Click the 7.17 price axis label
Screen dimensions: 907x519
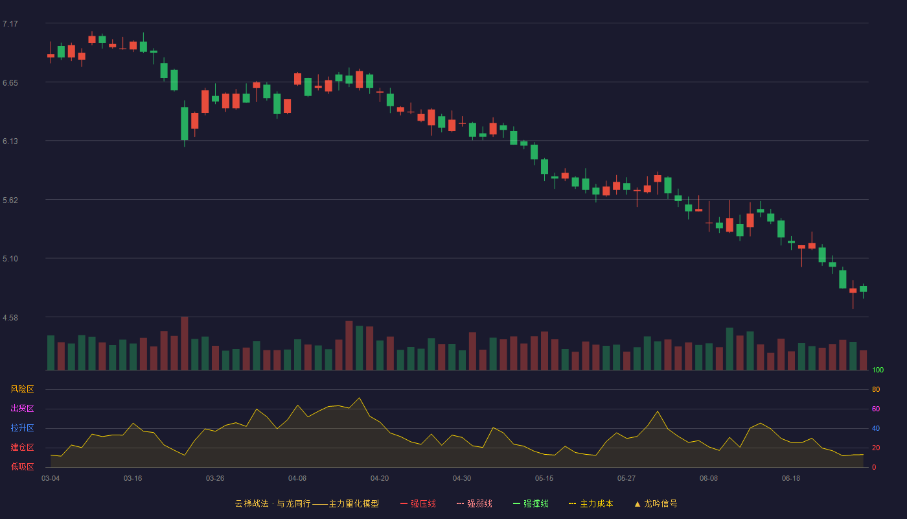10,24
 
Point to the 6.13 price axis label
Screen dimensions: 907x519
10,141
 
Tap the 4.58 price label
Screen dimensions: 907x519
10,318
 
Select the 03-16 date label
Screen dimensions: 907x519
133,479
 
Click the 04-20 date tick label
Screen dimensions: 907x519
380,479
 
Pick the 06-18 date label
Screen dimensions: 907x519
791,479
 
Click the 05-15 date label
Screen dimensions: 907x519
544,479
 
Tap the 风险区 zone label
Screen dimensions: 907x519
22,389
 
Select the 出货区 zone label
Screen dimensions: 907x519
22,408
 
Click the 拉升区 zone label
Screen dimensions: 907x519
22,428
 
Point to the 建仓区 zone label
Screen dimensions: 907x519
22,447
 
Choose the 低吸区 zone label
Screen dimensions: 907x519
22,466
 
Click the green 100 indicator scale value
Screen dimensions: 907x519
878,370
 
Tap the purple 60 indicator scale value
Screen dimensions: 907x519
876,409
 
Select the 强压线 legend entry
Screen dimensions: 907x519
418,503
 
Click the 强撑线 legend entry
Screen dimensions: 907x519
531,503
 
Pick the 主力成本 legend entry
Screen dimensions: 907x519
591,503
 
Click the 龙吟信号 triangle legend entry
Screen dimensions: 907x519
656,503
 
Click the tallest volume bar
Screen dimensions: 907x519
185,343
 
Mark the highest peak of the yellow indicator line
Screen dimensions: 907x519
360,398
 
